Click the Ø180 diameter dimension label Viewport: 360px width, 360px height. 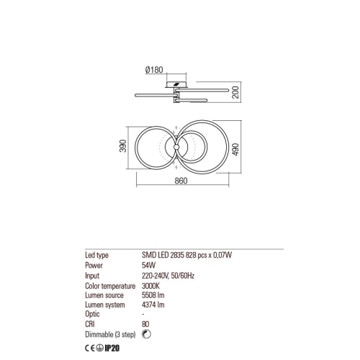click(154, 70)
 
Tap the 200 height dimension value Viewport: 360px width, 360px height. click(236, 92)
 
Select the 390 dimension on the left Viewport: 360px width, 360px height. click(122, 145)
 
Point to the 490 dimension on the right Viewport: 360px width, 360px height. click(236, 149)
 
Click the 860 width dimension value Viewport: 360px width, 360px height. click(181, 181)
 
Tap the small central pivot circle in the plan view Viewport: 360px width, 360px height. click(176, 147)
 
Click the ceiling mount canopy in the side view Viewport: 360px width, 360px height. click(176, 84)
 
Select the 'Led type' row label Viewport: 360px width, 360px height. click(96, 255)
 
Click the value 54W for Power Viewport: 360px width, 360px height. click(148, 265)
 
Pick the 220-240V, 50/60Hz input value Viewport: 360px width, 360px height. click(168, 276)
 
